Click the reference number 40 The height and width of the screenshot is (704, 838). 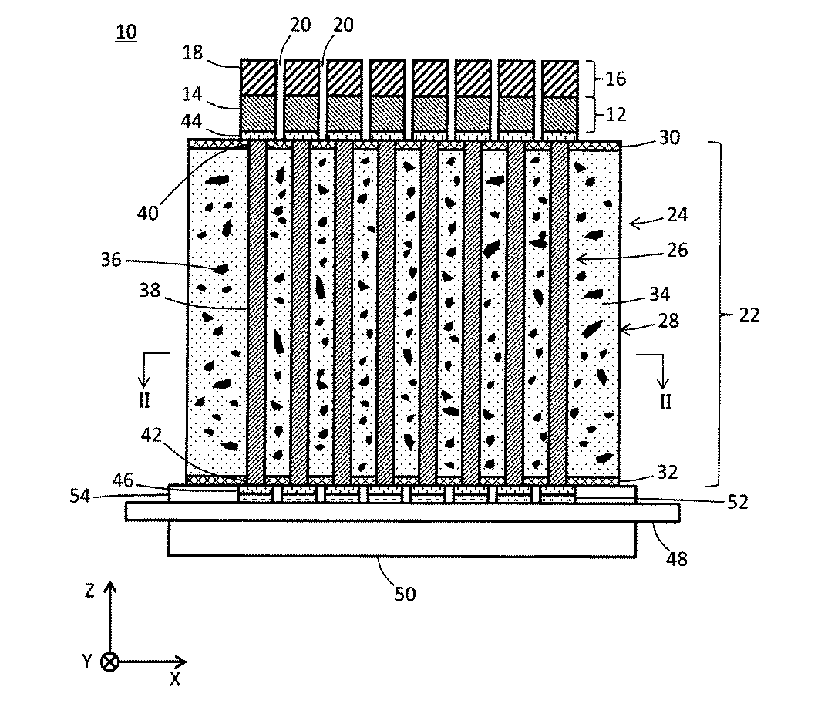148,211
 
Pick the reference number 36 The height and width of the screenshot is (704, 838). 111,260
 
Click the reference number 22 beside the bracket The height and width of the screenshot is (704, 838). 749,315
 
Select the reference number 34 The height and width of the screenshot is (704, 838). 661,294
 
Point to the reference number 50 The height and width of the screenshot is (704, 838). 406,594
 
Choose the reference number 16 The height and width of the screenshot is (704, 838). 616,79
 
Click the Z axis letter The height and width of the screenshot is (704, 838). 89,591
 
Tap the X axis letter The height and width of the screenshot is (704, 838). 175,678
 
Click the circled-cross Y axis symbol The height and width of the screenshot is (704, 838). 111,662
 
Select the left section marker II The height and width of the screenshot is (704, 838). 143,401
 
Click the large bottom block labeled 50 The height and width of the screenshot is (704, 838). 402,538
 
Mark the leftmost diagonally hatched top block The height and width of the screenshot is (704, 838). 259,77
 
